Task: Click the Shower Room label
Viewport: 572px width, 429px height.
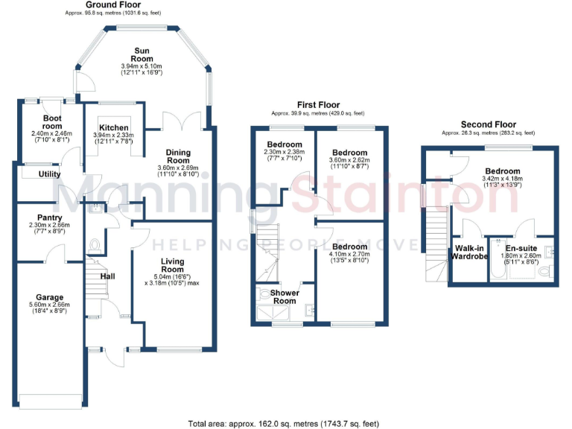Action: (284, 296)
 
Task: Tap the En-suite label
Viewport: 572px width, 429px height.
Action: (521, 248)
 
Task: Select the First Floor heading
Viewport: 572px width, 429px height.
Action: (318, 106)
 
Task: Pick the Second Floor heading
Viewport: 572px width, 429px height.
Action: (488, 124)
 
